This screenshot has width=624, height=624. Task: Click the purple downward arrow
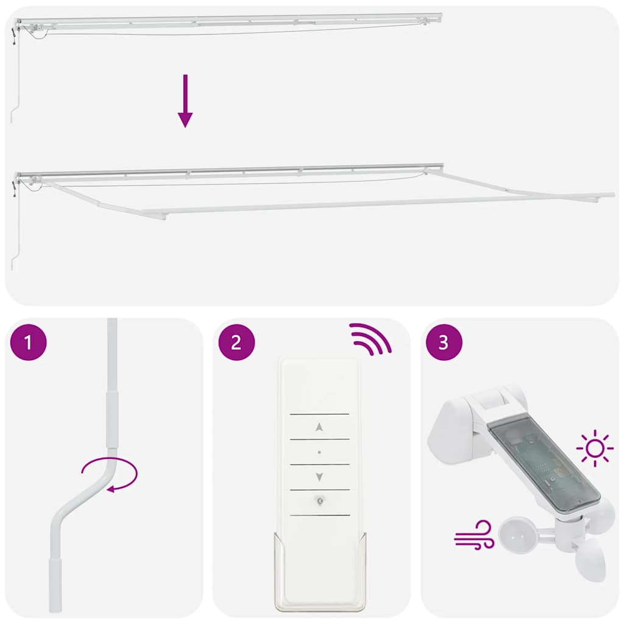[x=185, y=101]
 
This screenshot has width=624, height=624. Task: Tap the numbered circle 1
[x=29, y=342]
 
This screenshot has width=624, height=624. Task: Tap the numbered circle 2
[x=236, y=342]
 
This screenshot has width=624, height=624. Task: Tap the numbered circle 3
[x=444, y=342]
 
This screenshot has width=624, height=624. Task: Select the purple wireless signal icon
[x=370, y=339]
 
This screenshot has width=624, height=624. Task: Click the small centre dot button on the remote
[x=319, y=452]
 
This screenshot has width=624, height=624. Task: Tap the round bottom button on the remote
[x=319, y=500]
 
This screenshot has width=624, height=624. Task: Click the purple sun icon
[x=595, y=448]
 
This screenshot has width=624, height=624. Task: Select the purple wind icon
[x=473, y=534]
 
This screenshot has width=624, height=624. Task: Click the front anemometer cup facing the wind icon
[x=518, y=533]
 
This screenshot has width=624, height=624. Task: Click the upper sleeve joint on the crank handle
[x=111, y=420]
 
